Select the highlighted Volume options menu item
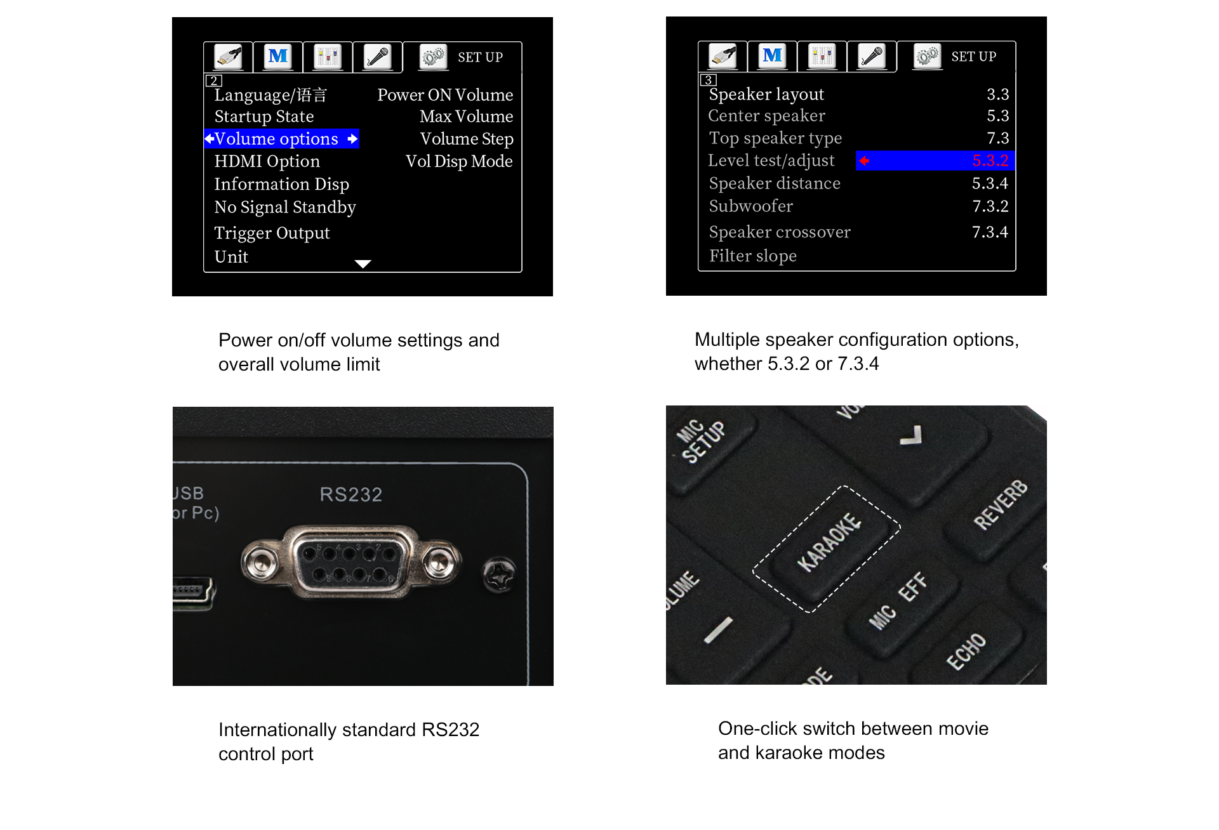click(281, 139)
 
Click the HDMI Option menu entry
click(267, 161)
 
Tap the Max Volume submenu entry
click(466, 117)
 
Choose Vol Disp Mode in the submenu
click(459, 161)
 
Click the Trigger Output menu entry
click(272, 233)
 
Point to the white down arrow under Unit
click(363, 264)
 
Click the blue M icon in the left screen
click(278, 56)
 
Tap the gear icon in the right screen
click(927, 56)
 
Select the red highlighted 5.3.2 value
click(990, 161)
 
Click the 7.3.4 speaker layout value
click(990, 232)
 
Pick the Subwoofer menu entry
click(750, 206)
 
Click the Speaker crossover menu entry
click(780, 232)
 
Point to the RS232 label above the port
click(351, 494)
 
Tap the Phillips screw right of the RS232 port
click(500, 574)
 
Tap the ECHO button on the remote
click(967, 650)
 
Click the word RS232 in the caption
click(450, 730)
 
